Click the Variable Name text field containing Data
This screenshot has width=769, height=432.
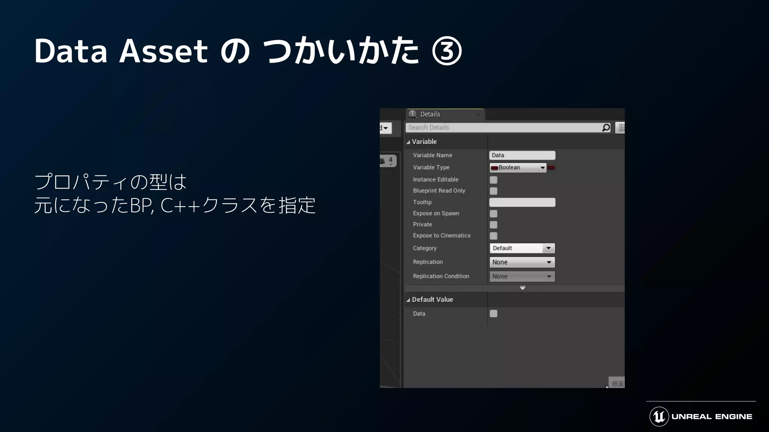tap(522, 155)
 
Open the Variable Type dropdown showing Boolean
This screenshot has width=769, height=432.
tap(518, 168)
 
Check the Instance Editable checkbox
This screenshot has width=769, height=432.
tap(493, 180)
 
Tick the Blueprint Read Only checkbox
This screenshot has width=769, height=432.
tap(493, 191)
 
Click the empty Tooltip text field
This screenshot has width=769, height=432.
tap(522, 202)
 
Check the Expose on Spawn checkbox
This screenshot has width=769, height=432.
tap(493, 214)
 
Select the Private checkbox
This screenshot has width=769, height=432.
tap(493, 225)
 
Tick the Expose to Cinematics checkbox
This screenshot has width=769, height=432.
tap(493, 236)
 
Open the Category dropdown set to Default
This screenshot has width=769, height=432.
tap(522, 248)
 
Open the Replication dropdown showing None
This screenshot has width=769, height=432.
tap(522, 262)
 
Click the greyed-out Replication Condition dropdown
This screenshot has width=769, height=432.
tap(522, 276)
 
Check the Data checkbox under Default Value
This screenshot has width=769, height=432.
tap(493, 313)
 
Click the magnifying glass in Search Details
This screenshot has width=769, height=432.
tap(606, 128)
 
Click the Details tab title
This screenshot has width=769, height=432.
tap(430, 114)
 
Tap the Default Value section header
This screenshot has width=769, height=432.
tap(432, 300)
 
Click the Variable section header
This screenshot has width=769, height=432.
tap(424, 142)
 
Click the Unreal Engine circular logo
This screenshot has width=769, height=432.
tap(659, 417)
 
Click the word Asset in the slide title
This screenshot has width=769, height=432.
tap(163, 51)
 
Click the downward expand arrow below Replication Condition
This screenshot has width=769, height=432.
tap(522, 288)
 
